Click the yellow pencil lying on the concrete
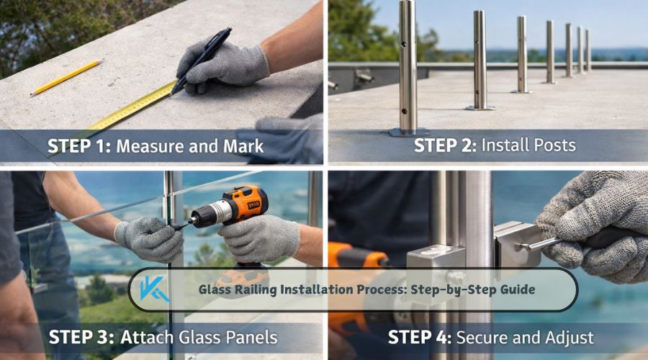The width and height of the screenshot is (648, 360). (x=66, y=77)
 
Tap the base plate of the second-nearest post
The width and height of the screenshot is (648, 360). (x=480, y=107)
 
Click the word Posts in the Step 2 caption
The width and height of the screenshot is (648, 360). (x=551, y=145)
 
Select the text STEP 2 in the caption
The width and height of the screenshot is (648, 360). (x=444, y=145)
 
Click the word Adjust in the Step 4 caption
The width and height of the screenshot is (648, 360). (x=569, y=337)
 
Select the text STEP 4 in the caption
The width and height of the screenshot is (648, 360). (x=418, y=337)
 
